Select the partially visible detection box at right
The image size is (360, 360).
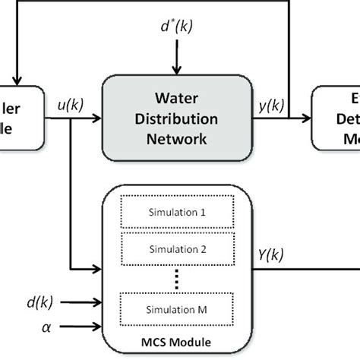(x=338, y=118)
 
